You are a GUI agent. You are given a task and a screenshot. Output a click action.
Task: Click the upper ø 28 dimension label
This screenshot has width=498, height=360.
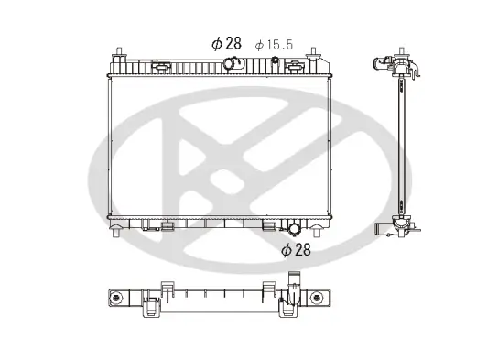pos(226,42)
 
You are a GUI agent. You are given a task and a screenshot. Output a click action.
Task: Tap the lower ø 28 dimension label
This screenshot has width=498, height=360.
pos(297,249)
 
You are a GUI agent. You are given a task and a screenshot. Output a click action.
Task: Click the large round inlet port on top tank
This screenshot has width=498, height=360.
pos(231,64)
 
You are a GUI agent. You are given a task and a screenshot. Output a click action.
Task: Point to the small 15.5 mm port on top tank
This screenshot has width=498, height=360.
pos(274,61)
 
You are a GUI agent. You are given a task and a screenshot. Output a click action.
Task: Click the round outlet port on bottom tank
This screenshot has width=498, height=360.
pos(293,229)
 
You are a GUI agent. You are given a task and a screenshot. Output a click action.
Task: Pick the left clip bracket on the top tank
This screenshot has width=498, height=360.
pos(161,67)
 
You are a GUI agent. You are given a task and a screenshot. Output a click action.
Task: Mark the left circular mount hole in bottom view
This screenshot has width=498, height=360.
pos(116,299)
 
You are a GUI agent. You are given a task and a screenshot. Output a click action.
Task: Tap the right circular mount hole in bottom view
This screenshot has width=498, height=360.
pos(317,299)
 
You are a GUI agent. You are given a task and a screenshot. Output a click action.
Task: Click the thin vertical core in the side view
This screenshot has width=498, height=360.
pos(400,147)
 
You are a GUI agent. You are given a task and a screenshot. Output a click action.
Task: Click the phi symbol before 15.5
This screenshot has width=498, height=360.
pos(259,44)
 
